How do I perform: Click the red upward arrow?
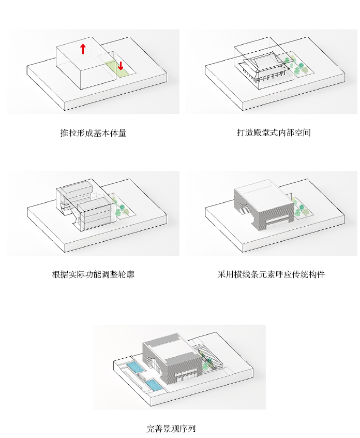[x=82, y=49]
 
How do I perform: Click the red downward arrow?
[x=121, y=66]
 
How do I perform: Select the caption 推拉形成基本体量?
[x=93, y=133]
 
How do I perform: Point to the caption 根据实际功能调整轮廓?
[x=93, y=274]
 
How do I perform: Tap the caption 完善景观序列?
[x=171, y=429]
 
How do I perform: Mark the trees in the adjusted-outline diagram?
[x=121, y=209]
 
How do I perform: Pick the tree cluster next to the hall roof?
[x=298, y=67]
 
